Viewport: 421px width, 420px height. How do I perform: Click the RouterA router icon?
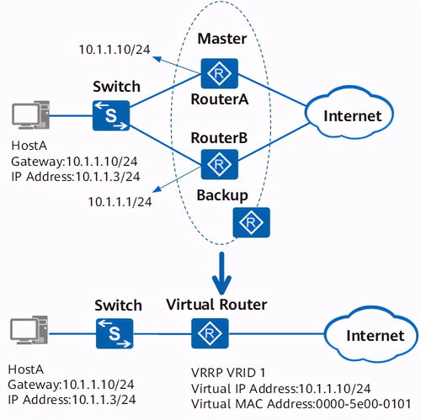pyautogui.click(x=220, y=73)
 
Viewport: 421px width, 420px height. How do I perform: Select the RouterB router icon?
pyautogui.click(x=220, y=164)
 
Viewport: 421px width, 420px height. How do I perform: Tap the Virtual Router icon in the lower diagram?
pyautogui.click(x=210, y=333)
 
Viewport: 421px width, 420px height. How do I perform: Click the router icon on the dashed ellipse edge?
pyautogui.click(x=252, y=222)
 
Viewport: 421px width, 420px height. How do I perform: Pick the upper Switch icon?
pyautogui.click(x=111, y=115)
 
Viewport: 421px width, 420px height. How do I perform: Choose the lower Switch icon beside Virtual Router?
pyautogui.click(x=115, y=333)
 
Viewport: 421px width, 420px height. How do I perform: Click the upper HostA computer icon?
pyautogui.click(x=30, y=115)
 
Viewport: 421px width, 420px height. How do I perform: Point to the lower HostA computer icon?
pyautogui.click(x=29, y=330)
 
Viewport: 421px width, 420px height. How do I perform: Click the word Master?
pyautogui.click(x=222, y=39)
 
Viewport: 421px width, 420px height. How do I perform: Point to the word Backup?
pyautogui.click(x=222, y=195)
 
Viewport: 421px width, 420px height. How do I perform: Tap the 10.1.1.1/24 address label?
pyautogui.click(x=120, y=202)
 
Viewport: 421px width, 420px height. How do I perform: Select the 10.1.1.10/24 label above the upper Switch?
pyautogui.click(x=115, y=50)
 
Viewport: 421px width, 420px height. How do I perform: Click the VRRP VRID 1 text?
pyautogui.click(x=228, y=373)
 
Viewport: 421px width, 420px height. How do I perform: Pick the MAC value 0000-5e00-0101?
pyautogui.click(x=364, y=404)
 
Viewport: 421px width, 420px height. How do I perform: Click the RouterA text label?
pyautogui.click(x=220, y=99)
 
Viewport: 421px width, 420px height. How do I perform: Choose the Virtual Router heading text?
pyautogui.click(x=216, y=305)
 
